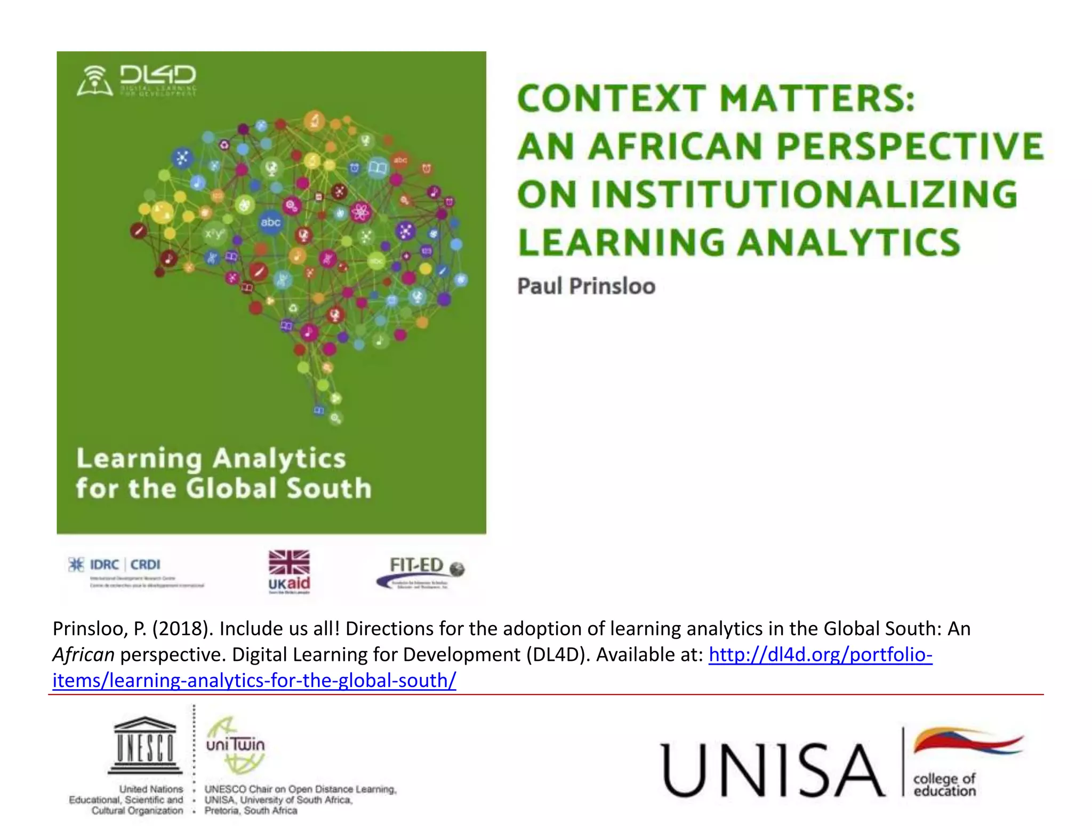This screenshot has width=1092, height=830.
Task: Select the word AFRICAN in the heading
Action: click(x=676, y=147)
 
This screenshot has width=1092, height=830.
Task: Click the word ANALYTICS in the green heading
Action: click(x=850, y=242)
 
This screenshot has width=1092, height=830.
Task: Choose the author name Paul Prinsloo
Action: click(x=586, y=286)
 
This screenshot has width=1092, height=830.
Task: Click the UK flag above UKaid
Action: click(x=289, y=562)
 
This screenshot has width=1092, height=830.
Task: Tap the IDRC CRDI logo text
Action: click(x=125, y=564)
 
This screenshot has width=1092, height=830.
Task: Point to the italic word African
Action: click(x=83, y=655)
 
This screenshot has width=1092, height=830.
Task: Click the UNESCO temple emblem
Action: click(x=145, y=745)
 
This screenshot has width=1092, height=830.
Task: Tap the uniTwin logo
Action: click(x=235, y=745)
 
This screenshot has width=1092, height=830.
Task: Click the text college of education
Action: click(x=944, y=785)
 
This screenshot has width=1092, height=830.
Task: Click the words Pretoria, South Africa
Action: click(x=251, y=811)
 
